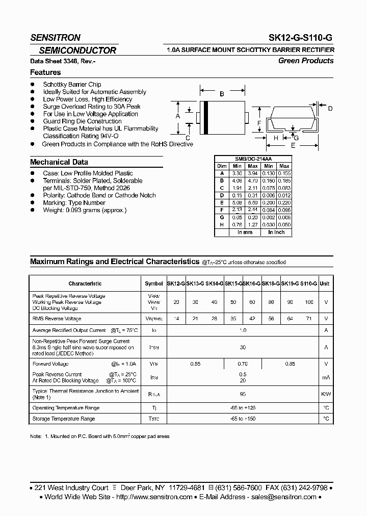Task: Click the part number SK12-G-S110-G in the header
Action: click(301, 37)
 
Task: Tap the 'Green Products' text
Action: click(306, 61)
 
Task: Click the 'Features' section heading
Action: click(45, 72)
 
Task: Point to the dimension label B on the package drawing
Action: click(222, 94)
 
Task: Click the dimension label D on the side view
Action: click(330, 108)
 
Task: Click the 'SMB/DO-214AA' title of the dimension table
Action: click(253, 159)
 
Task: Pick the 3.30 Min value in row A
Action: click(237, 173)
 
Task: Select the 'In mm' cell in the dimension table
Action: click(245, 233)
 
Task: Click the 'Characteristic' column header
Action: click(85, 283)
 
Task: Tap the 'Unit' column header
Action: click(325, 283)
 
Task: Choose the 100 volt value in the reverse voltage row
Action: click(309, 302)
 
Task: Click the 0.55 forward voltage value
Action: click(195, 364)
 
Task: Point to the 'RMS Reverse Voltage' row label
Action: click(57, 319)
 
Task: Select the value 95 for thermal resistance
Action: click(243, 394)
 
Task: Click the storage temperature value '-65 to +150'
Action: click(243, 419)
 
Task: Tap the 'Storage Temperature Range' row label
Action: click(64, 419)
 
